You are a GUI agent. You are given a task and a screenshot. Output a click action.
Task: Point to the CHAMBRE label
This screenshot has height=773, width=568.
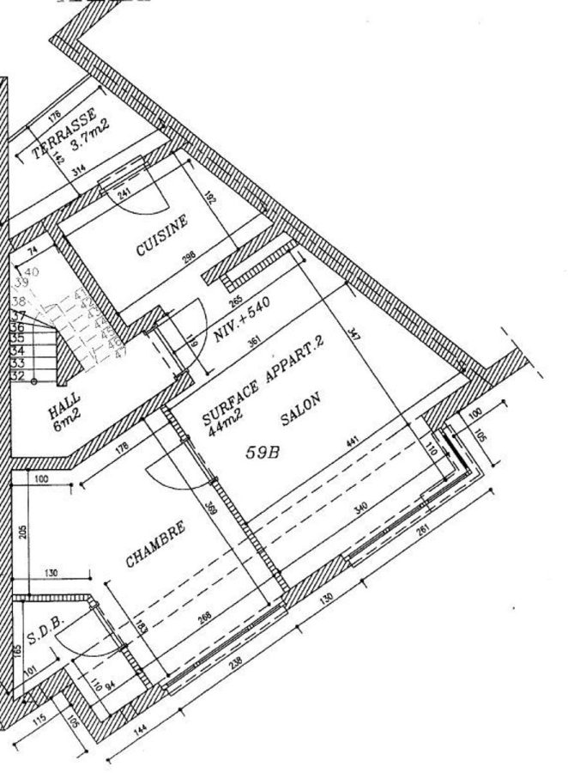[x=155, y=545]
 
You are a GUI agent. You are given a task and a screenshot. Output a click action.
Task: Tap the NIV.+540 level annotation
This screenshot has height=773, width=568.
[x=242, y=320]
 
